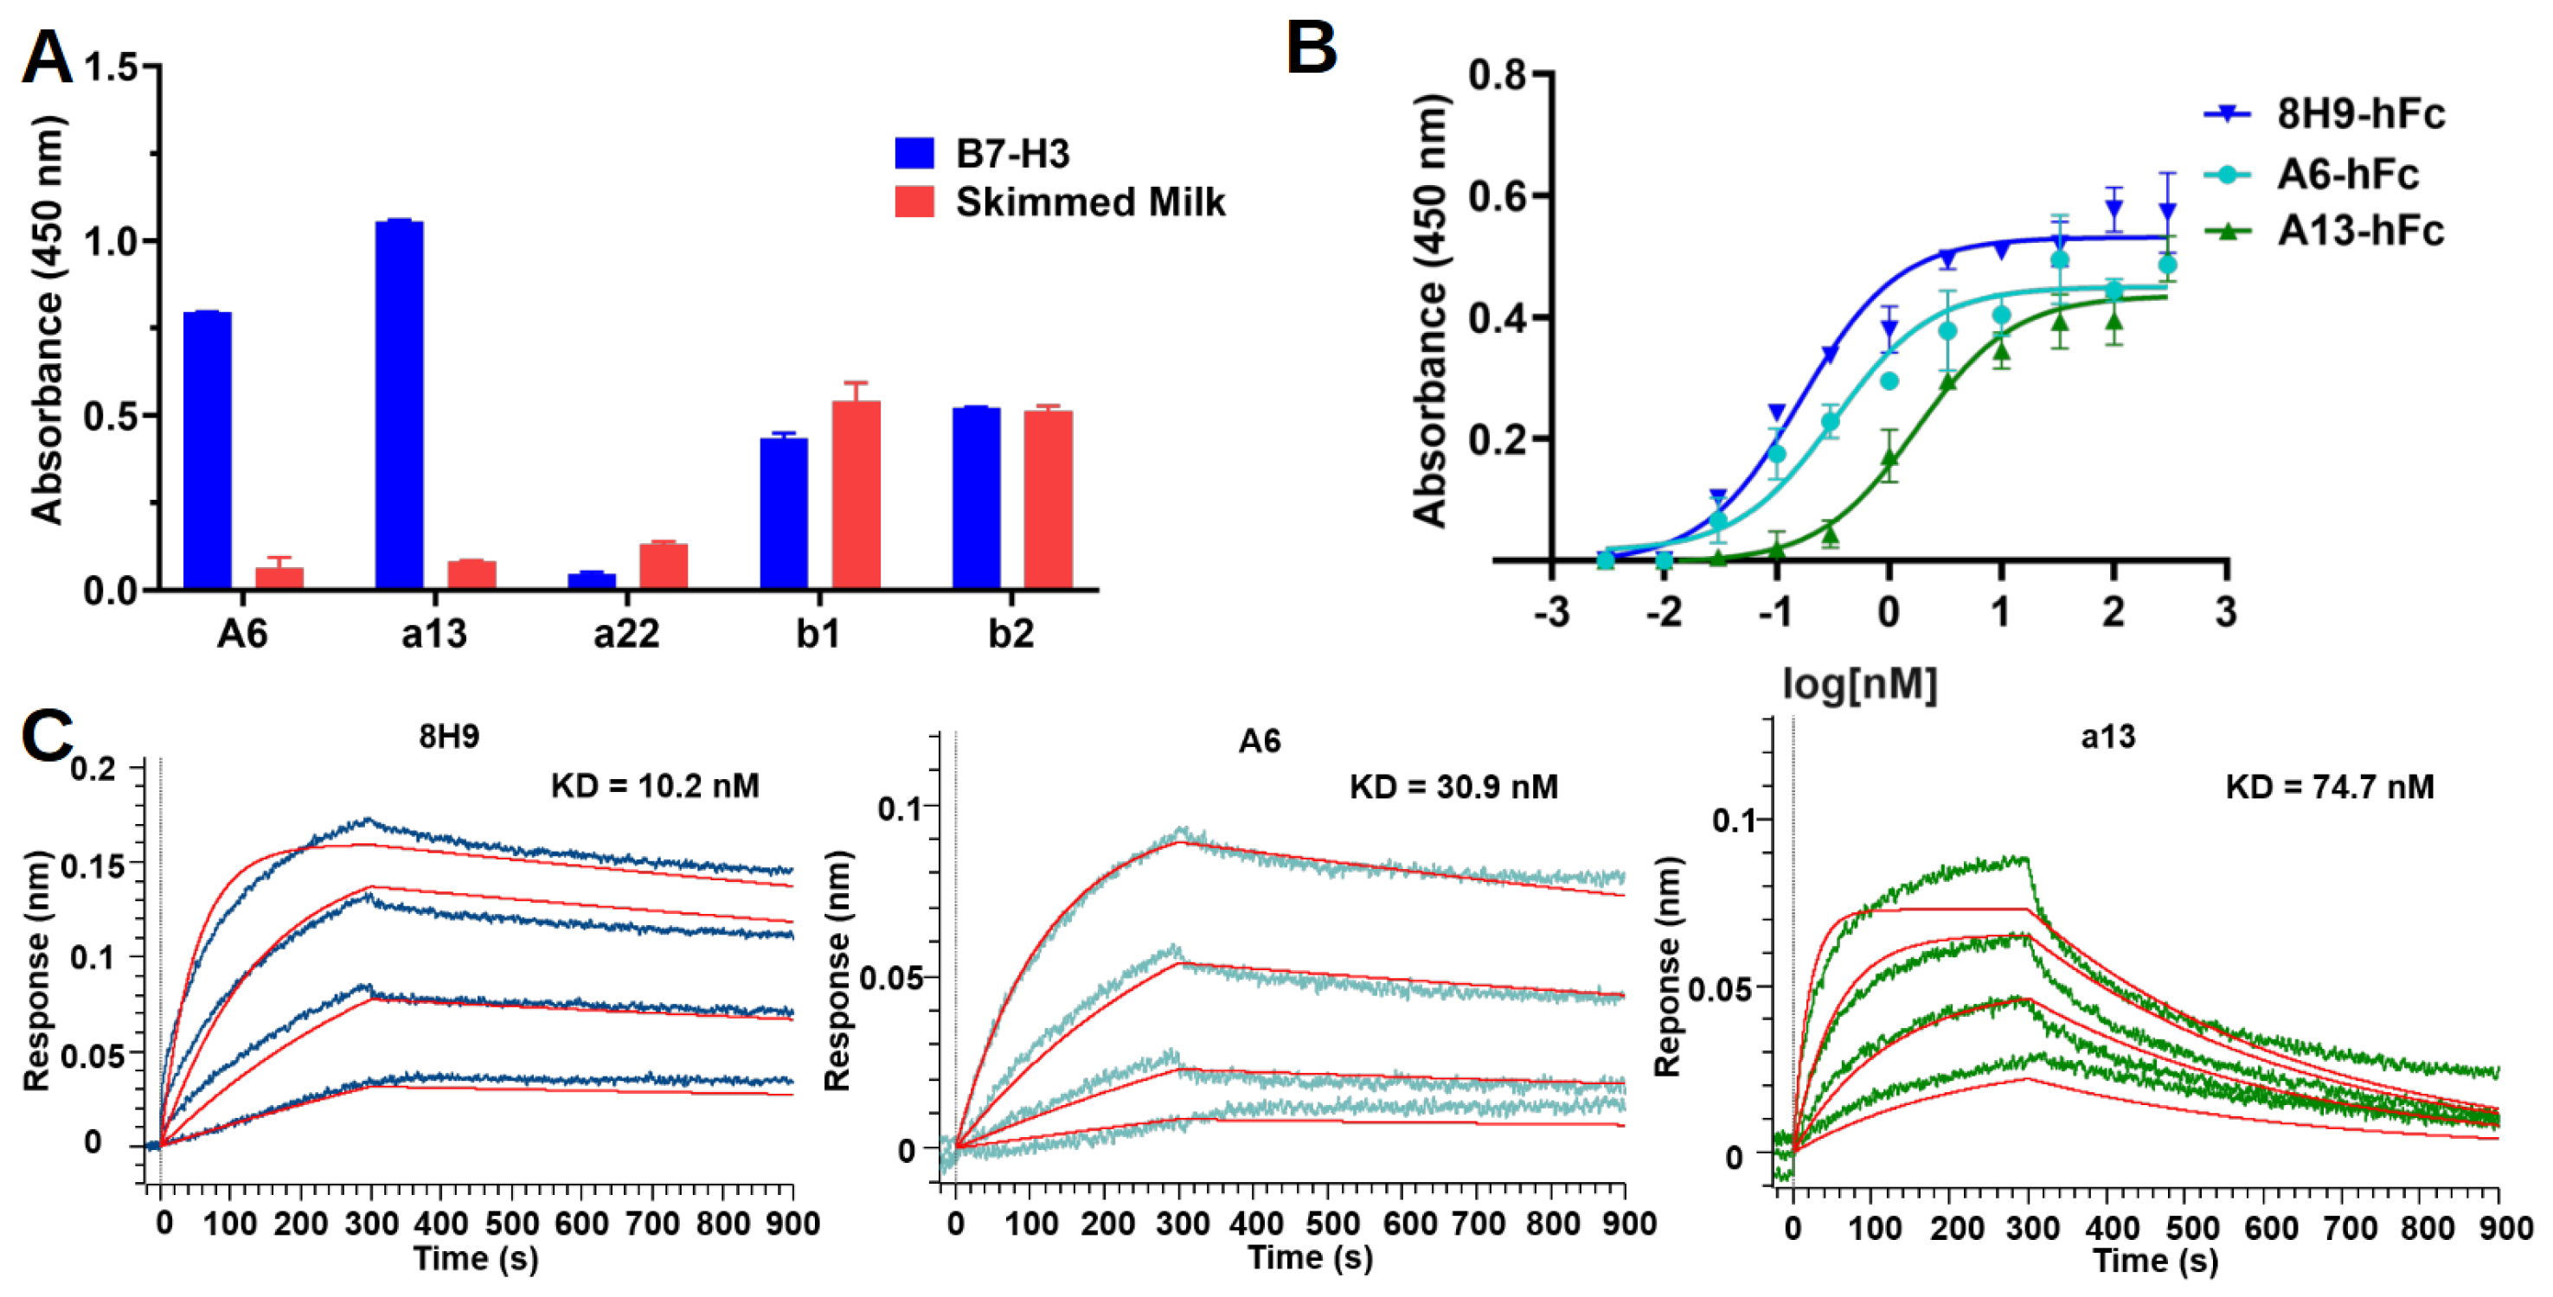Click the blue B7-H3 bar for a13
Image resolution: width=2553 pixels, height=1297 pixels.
coord(400,406)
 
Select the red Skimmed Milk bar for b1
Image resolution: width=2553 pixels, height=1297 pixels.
coord(856,495)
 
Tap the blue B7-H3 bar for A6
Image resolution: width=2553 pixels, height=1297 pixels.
coord(207,450)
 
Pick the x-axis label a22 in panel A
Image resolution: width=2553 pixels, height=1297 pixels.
coord(625,633)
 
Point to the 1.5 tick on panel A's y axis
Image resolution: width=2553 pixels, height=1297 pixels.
coord(111,67)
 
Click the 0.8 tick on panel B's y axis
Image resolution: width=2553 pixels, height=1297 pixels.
coord(1497,74)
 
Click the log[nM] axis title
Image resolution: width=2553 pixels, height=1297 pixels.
coord(1858,683)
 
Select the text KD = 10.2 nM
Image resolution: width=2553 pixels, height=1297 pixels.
coord(655,787)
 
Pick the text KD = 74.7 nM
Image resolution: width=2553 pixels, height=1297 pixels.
coord(2329,787)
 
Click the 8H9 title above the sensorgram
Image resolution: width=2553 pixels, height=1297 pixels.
coord(449,736)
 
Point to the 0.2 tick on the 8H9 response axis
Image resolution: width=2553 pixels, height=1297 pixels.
coord(93,769)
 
